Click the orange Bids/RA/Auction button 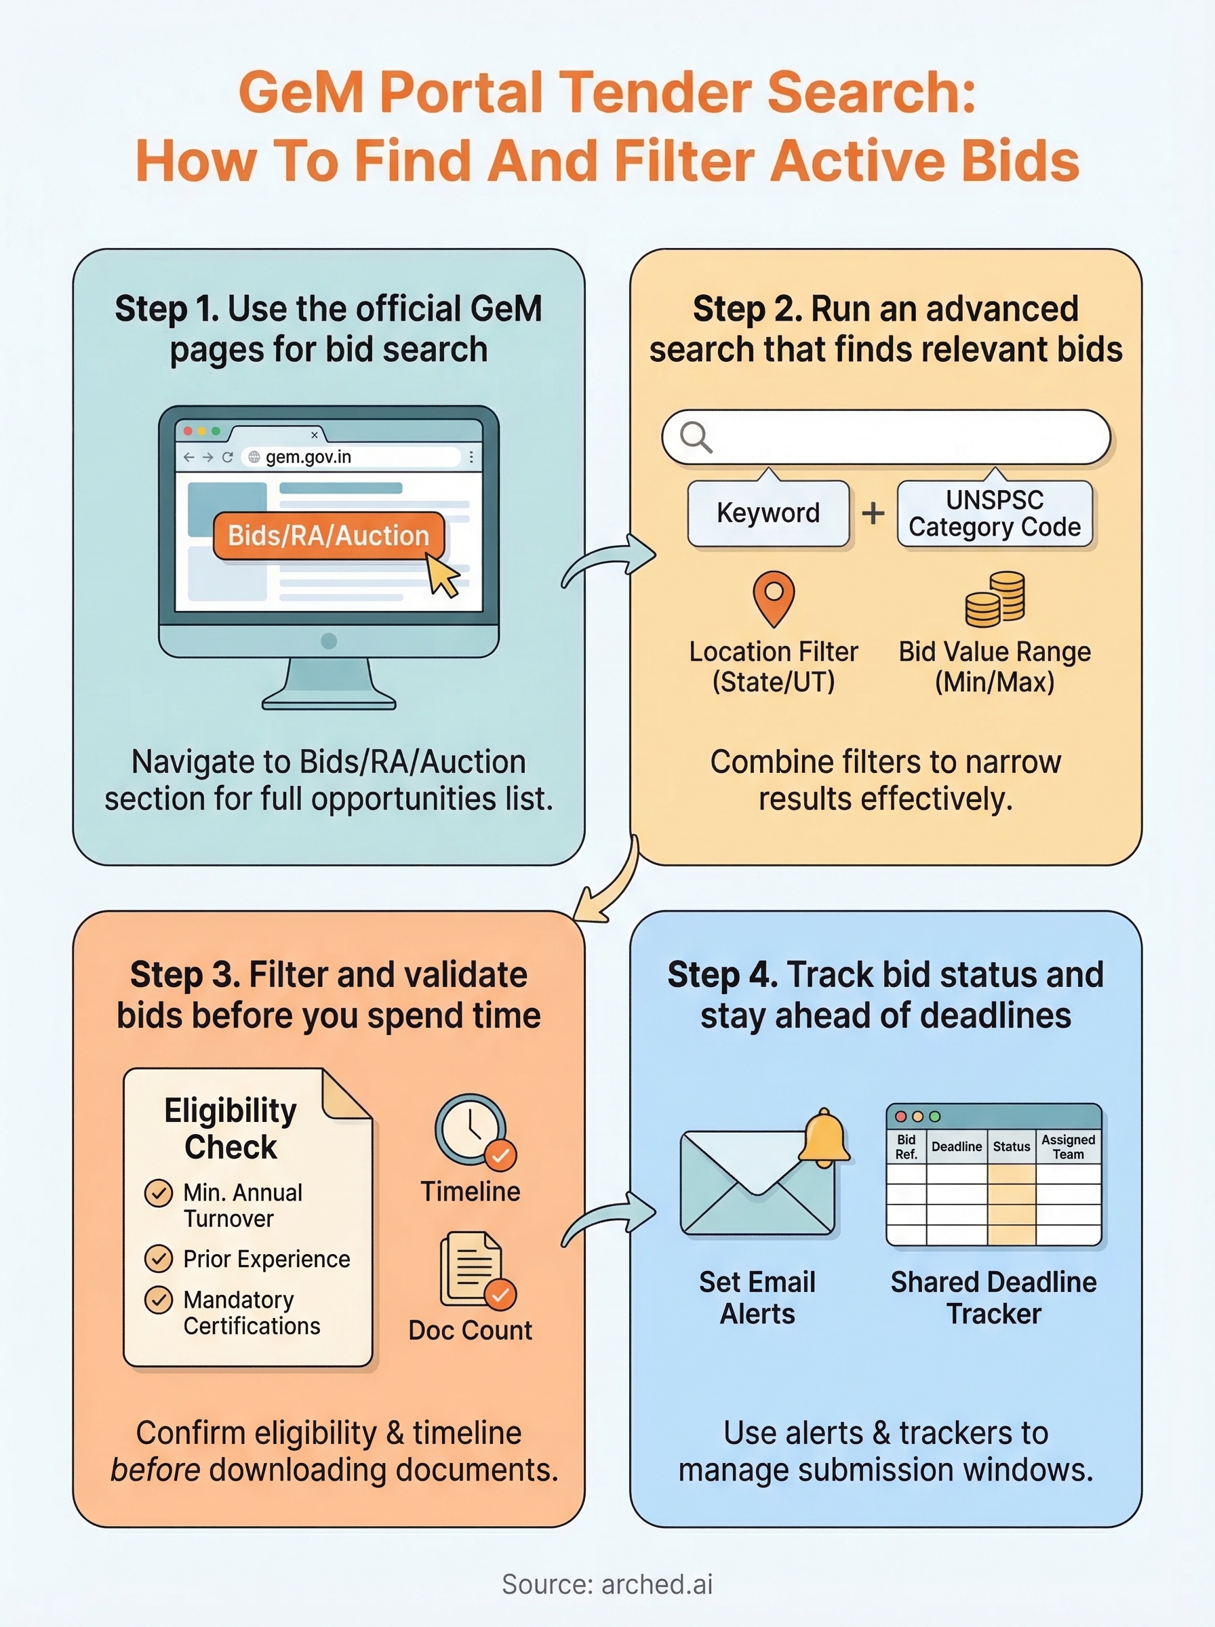pyautogui.click(x=328, y=536)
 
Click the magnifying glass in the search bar pyautogui.click(x=695, y=437)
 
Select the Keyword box pyautogui.click(x=768, y=513)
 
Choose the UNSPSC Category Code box pyautogui.click(x=995, y=513)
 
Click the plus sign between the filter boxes pyautogui.click(x=873, y=513)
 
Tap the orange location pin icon pyautogui.click(x=774, y=597)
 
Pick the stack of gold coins pyautogui.click(x=996, y=599)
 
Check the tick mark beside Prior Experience pyautogui.click(x=158, y=1259)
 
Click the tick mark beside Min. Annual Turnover pyautogui.click(x=158, y=1192)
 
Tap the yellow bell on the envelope pyautogui.click(x=824, y=1139)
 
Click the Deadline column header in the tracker pyautogui.click(x=956, y=1146)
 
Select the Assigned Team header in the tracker pyautogui.click(x=1068, y=1146)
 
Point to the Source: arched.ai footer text pyautogui.click(x=607, y=1584)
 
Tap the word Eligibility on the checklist pyautogui.click(x=231, y=1110)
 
